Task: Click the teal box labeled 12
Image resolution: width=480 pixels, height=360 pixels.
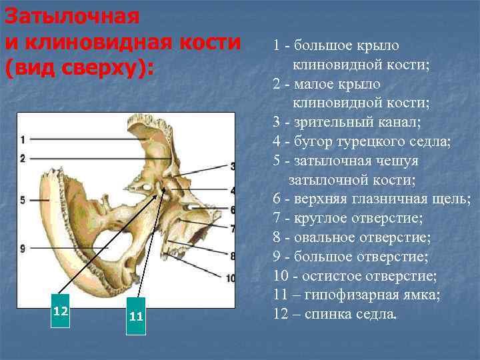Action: (61, 311)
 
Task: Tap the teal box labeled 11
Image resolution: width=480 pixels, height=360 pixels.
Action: (136, 316)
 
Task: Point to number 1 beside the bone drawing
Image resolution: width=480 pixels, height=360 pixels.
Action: (23, 139)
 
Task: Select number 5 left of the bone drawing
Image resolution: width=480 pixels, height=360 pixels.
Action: (23, 199)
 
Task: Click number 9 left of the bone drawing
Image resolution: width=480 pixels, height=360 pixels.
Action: (23, 248)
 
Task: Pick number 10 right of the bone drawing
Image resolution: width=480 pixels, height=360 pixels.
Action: (230, 277)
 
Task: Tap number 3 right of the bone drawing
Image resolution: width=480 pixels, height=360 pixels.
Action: (232, 165)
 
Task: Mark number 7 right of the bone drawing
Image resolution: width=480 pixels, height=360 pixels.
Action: (232, 228)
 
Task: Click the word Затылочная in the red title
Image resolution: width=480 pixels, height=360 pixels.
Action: (72, 16)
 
